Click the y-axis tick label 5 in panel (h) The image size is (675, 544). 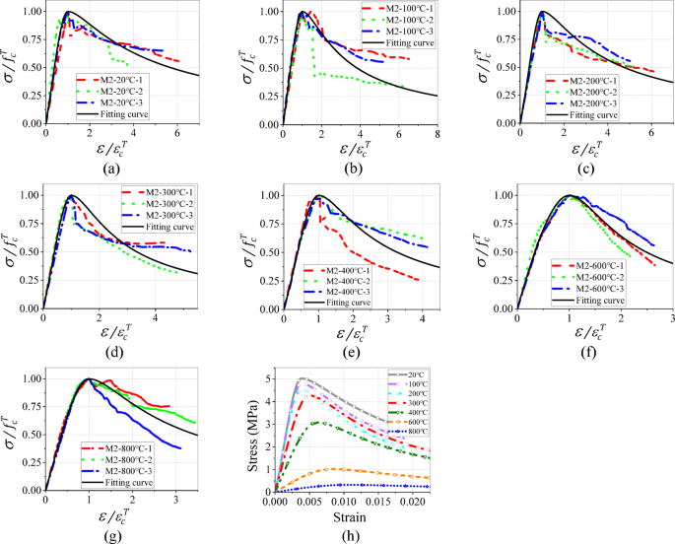tap(267, 378)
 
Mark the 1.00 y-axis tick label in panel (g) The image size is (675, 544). tap(28, 378)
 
